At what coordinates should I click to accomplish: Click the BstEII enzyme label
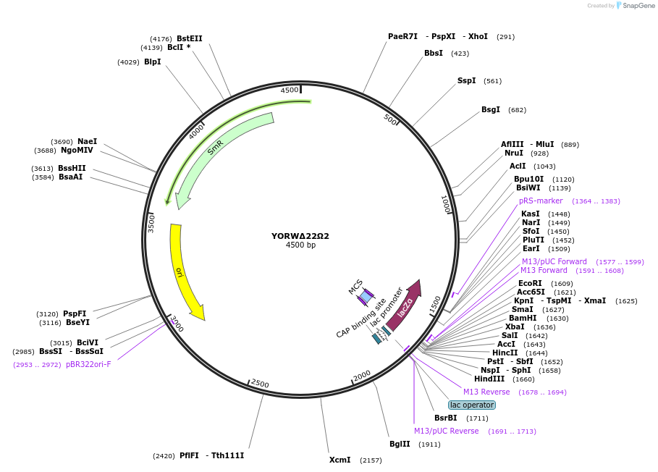tap(190, 38)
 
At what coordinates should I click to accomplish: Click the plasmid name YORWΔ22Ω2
tap(300, 236)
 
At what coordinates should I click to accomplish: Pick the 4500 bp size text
tap(300, 245)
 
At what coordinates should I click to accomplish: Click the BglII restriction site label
tap(400, 444)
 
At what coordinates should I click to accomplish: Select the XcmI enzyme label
tap(339, 460)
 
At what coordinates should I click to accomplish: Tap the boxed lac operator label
tap(472, 405)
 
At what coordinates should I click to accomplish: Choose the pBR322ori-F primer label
tap(88, 364)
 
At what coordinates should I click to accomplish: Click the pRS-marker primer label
tap(541, 201)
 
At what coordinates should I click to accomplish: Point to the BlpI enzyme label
tap(152, 62)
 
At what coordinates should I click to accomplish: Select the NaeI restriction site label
tap(87, 141)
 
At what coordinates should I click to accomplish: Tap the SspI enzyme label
tap(466, 80)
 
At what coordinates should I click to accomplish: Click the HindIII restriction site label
tap(489, 379)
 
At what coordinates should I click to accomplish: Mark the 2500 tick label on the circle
tap(260, 384)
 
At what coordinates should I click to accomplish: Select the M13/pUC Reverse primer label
tap(446, 431)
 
